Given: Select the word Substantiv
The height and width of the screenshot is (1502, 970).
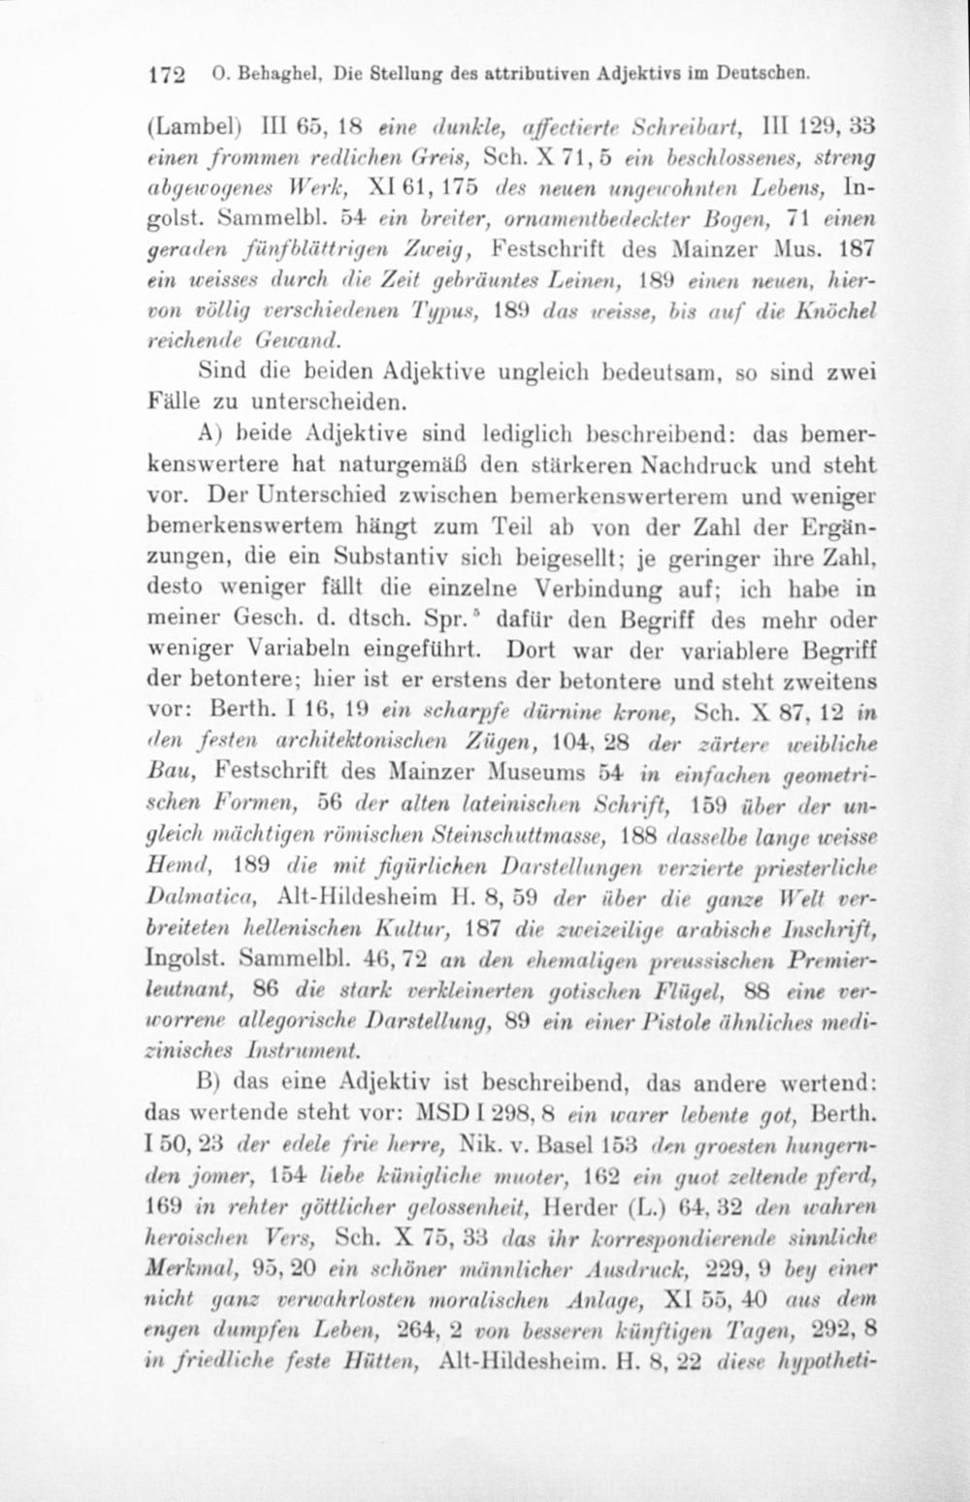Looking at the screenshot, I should pos(392,558).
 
